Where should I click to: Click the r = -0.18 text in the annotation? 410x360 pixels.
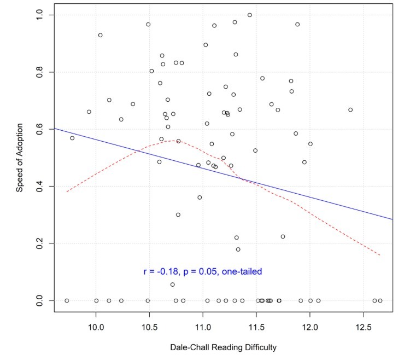click(160, 271)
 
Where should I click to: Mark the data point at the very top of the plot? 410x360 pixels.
click(250, 15)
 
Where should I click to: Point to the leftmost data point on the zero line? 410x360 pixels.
click(67, 300)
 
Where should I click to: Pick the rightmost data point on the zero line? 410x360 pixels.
click(380, 300)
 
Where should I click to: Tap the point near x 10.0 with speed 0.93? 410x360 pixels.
click(101, 35)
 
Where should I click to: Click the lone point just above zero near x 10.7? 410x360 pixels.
click(173, 284)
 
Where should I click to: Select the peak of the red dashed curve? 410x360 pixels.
click(174, 141)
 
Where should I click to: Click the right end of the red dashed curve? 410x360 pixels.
click(380, 255)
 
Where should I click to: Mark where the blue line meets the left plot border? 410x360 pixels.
click(54, 129)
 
